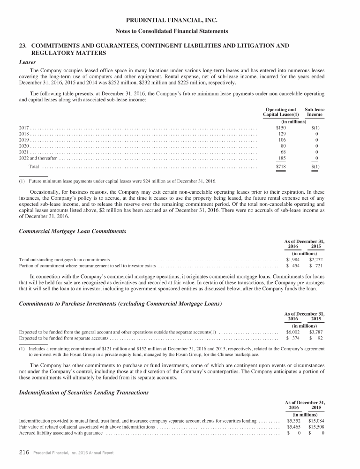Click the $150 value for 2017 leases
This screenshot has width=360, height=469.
[x=281, y=128]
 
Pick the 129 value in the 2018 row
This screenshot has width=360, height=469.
[x=282, y=134]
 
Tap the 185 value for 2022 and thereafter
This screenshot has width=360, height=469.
[x=282, y=158]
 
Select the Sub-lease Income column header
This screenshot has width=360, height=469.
[x=315, y=112]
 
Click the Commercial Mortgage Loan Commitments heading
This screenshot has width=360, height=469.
[x=73, y=231]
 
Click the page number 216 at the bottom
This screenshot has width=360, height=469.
[x=24, y=452]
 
